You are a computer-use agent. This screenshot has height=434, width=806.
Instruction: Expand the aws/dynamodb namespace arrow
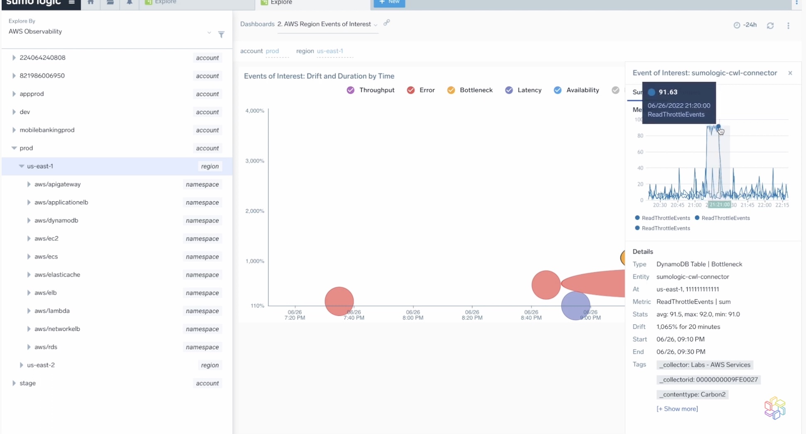[x=29, y=220]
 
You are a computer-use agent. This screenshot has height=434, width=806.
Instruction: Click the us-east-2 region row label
[x=41, y=365]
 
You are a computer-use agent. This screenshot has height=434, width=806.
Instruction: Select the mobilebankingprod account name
[x=47, y=130]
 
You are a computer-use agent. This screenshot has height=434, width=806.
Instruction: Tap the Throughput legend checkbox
[x=351, y=90]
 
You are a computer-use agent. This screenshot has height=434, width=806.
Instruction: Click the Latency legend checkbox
[x=509, y=90]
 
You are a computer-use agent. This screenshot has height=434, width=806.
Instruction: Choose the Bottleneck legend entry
[x=476, y=90]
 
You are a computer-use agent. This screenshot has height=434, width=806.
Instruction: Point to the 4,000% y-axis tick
[x=255, y=111]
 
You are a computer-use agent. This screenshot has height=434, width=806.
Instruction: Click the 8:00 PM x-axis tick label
[x=413, y=315]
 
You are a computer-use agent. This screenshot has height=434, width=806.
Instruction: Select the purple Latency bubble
[x=575, y=306]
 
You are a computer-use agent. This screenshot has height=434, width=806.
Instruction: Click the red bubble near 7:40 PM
[x=339, y=301]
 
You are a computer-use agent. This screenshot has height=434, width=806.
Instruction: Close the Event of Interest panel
[x=790, y=73]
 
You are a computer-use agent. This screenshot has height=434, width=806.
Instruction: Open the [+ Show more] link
[x=677, y=409]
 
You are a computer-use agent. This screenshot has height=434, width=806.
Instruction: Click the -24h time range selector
[x=745, y=25]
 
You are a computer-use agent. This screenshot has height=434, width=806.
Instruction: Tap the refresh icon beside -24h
[x=770, y=26]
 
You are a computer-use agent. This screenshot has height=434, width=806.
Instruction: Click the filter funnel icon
[x=221, y=35]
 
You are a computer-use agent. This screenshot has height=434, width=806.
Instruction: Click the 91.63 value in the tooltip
[x=668, y=92]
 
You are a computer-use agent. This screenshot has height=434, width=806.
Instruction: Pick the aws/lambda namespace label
[x=52, y=311]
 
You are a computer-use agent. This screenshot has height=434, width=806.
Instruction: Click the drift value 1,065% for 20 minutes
[x=688, y=327]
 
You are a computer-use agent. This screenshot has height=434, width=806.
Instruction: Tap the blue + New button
[x=389, y=2]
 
